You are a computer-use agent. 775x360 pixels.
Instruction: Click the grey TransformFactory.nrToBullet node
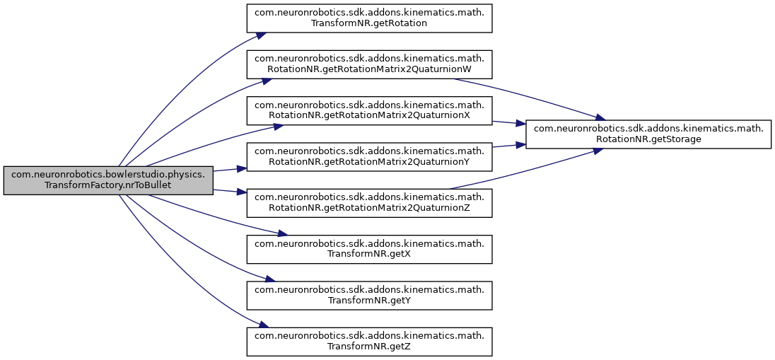pyautogui.click(x=108, y=180)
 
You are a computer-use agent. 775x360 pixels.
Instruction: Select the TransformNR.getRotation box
pyautogui.click(x=368, y=17)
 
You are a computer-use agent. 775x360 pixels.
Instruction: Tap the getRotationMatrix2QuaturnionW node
pyautogui.click(x=368, y=64)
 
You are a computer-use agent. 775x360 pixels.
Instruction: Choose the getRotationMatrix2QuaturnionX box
pyautogui.click(x=368, y=110)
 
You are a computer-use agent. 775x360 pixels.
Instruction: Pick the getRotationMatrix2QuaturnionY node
pyautogui.click(x=368, y=156)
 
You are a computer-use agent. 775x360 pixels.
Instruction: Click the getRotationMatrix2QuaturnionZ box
pyautogui.click(x=368, y=202)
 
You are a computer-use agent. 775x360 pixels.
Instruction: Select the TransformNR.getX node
pyautogui.click(x=368, y=248)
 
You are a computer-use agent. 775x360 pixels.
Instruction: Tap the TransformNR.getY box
pyautogui.click(x=368, y=295)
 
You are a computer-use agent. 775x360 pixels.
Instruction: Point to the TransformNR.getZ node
pyautogui.click(x=368, y=341)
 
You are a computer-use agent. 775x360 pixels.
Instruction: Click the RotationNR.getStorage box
pyautogui.click(x=648, y=133)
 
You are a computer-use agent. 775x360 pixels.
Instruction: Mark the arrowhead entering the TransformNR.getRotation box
pyautogui.click(x=261, y=34)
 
